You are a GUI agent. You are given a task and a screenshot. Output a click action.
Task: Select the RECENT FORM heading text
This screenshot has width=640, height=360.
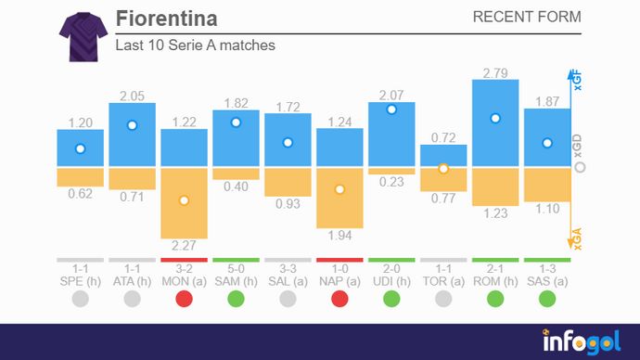click(527, 18)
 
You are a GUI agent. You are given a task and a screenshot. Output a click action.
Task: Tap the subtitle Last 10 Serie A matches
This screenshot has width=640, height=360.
click(195, 45)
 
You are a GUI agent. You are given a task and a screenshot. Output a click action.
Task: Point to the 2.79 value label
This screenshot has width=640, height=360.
click(495, 71)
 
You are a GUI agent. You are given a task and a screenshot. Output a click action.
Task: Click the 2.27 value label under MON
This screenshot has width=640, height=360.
click(184, 247)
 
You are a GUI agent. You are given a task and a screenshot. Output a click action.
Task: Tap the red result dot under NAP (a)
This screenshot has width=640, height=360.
click(339, 299)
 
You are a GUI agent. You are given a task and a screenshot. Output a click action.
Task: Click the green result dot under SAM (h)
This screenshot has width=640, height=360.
click(236, 299)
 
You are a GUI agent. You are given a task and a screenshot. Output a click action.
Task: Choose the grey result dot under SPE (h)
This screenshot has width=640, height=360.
click(80, 299)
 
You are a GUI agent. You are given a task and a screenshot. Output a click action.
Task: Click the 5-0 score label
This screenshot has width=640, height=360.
click(236, 267)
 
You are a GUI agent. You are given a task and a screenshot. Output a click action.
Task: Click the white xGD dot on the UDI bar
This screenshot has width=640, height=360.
click(391, 109)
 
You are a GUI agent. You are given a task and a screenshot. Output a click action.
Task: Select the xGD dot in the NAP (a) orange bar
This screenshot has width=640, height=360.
click(339, 189)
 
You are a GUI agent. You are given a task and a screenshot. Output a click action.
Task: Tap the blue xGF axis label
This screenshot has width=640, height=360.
click(576, 81)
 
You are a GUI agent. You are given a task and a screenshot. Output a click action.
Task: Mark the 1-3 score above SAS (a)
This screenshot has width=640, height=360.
click(547, 267)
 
